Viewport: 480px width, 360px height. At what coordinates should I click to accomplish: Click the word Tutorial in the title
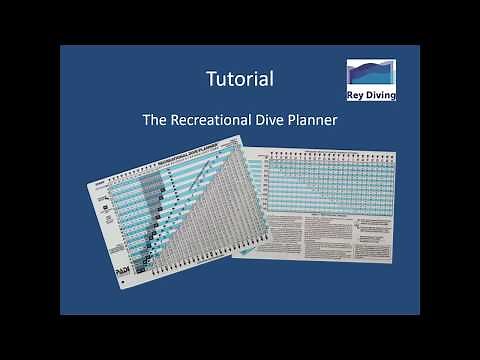click(240, 77)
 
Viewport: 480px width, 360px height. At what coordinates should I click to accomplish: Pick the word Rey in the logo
click(357, 95)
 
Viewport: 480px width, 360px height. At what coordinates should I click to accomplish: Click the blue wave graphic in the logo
click(371, 75)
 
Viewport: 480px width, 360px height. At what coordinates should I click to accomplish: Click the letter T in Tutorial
click(209, 77)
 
